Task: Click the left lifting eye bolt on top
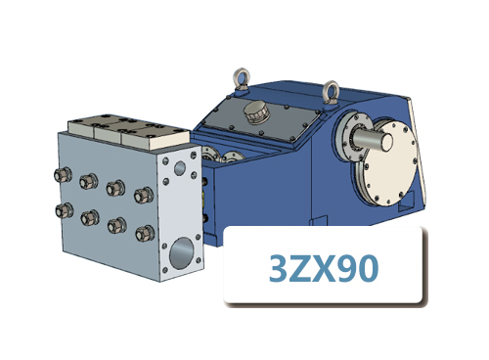coord(236,75)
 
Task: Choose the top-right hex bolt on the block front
coord(145,194)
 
